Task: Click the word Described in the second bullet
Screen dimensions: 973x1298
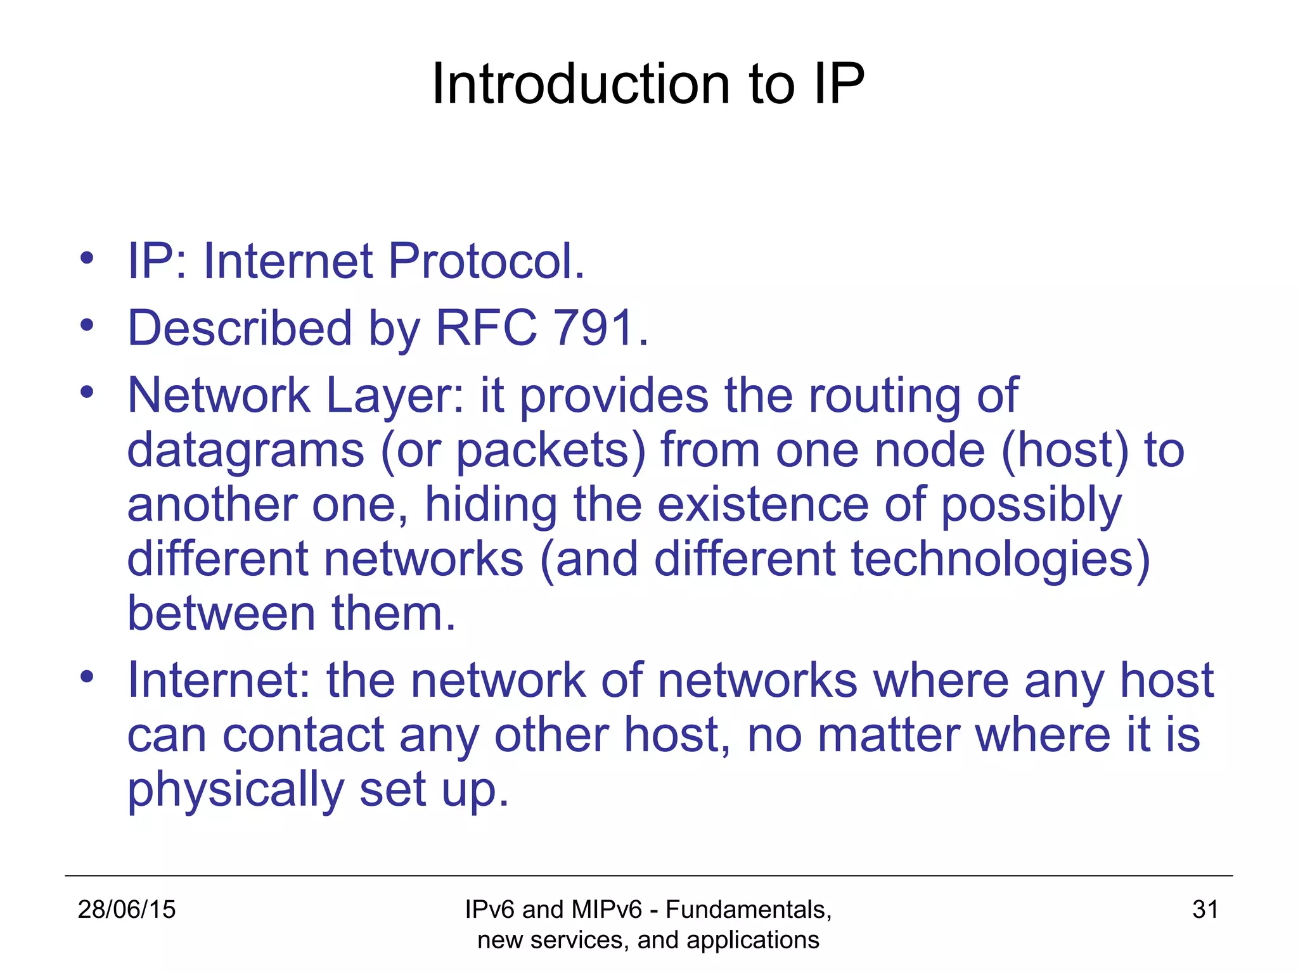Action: (240, 328)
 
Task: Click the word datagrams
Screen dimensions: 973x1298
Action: (246, 451)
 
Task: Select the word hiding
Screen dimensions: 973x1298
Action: (491, 506)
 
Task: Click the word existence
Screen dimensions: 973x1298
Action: (762, 505)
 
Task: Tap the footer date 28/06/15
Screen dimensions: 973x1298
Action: (126, 910)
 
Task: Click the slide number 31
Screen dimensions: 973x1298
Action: (1205, 910)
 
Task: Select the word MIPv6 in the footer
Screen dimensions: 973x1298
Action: (606, 910)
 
